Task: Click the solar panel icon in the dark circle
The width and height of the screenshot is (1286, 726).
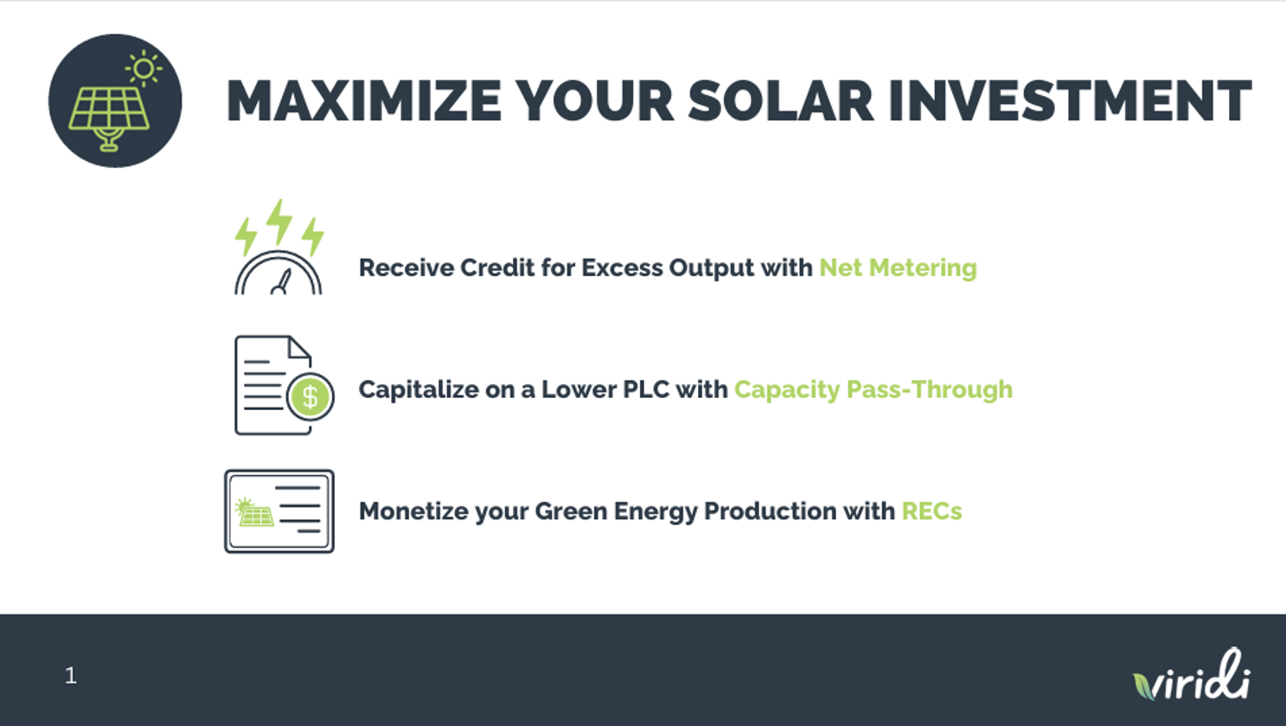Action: coord(109,119)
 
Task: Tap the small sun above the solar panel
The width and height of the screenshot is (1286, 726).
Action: coord(144,69)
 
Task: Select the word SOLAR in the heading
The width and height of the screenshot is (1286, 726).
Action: coord(781,101)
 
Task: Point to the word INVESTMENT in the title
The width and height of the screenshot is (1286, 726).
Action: coord(1070,101)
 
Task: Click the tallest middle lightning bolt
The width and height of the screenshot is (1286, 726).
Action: coord(279,222)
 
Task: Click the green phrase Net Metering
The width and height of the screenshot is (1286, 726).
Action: coord(898,268)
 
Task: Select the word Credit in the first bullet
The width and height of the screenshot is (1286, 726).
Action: coord(497,267)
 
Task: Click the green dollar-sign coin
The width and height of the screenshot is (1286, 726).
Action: coord(310,396)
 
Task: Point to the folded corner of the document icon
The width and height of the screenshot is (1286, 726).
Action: coord(299,348)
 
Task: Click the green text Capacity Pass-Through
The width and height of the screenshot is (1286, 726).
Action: coord(873,390)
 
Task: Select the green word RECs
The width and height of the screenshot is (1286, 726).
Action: coord(931,511)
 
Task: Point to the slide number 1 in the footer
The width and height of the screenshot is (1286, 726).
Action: coord(71,676)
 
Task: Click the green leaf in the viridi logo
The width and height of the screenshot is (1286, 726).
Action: coord(1144,686)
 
